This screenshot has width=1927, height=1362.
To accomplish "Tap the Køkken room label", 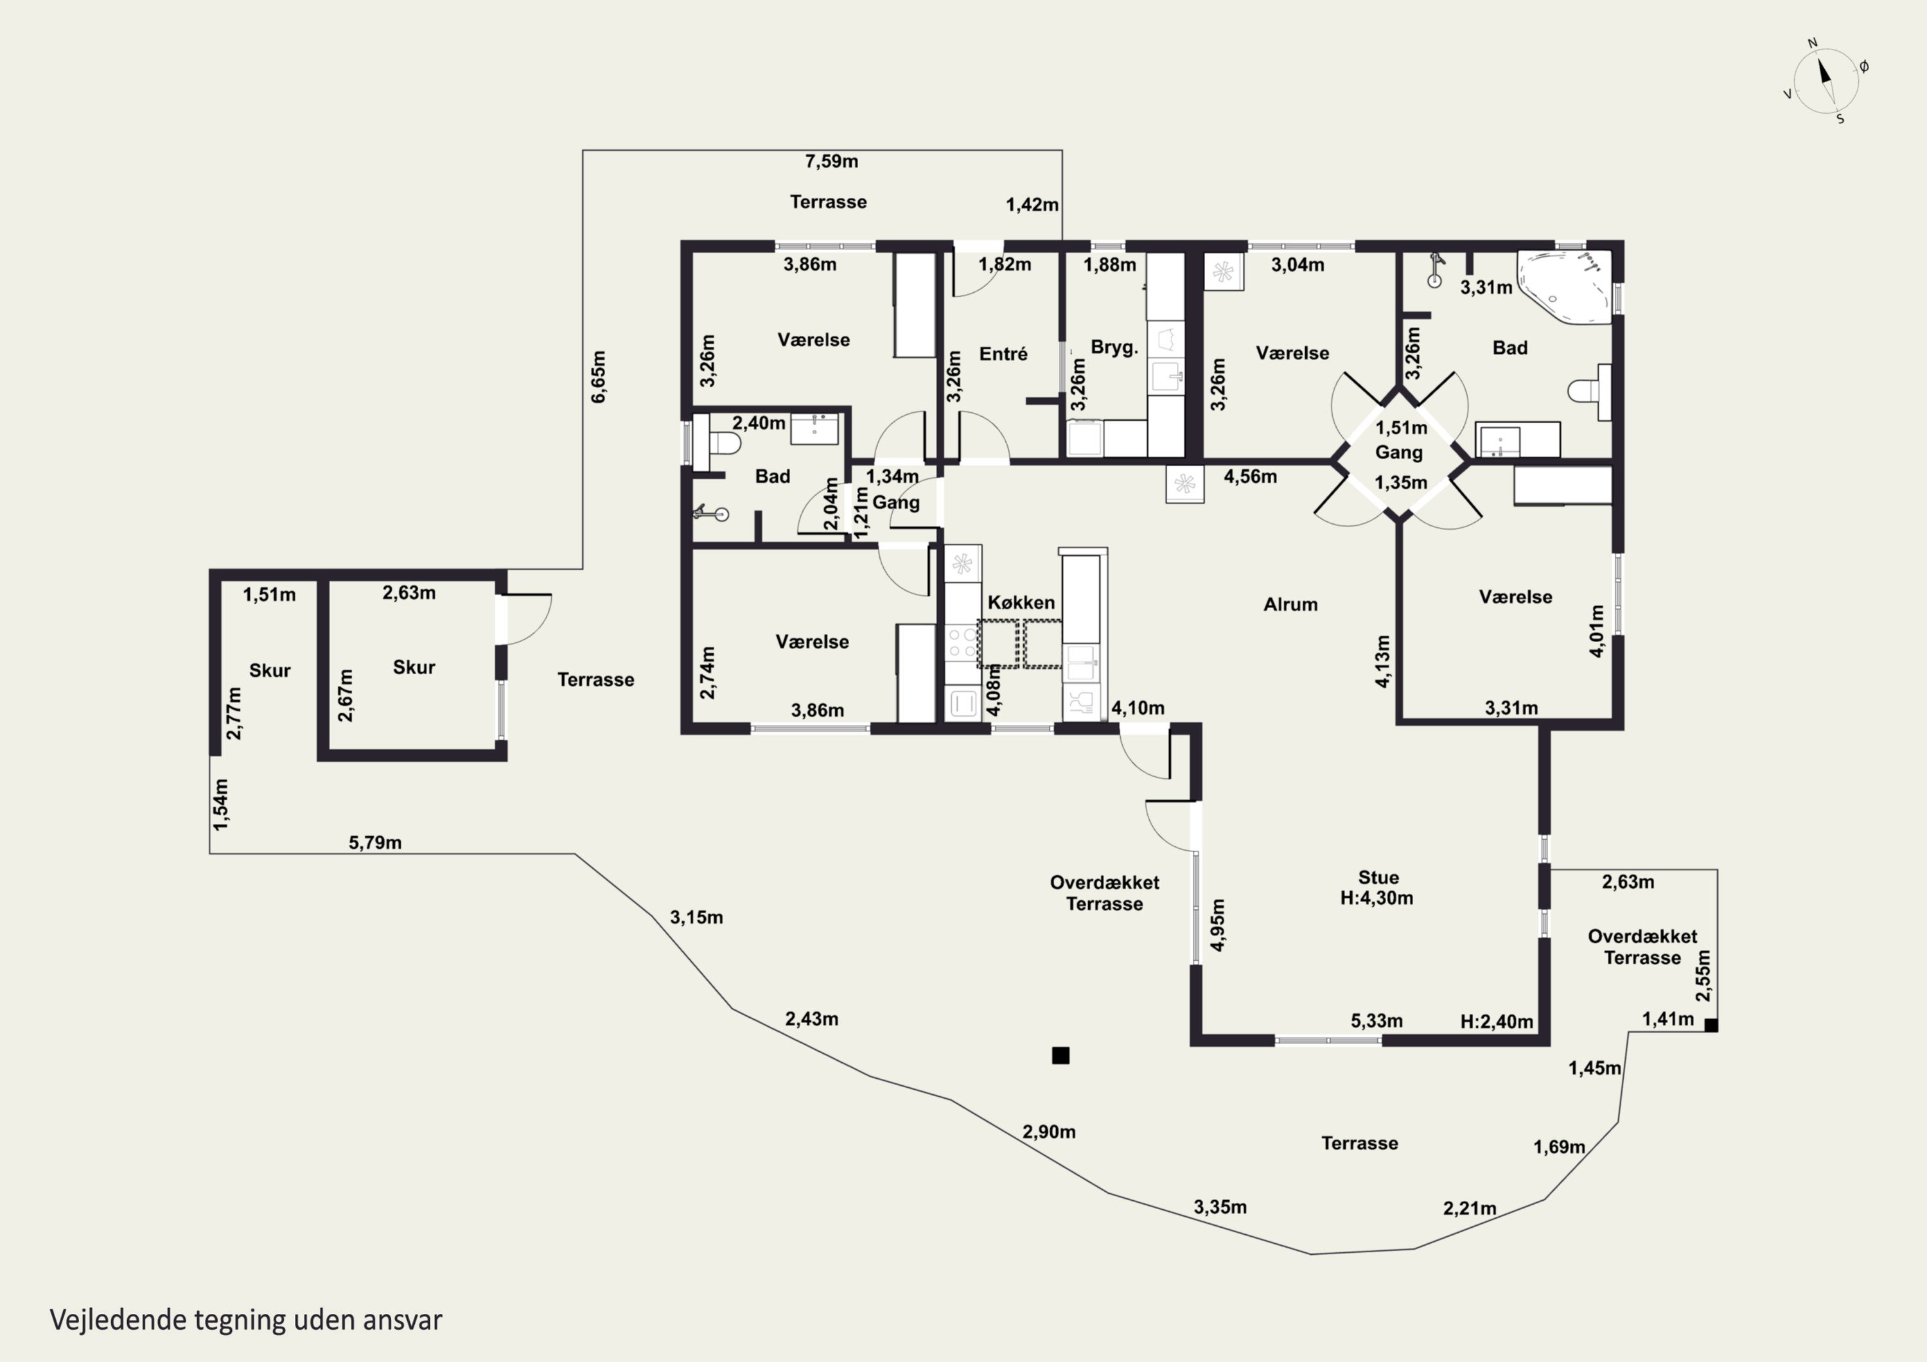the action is tap(1021, 602).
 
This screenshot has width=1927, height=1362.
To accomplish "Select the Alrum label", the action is tap(1290, 604).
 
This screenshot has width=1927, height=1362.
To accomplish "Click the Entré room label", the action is tap(1003, 354).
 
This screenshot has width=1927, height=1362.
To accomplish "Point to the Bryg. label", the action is tap(1114, 347).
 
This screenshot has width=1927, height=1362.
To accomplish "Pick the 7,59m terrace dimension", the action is tap(832, 161).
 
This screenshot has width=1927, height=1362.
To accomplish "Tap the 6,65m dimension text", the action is tap(599, 377).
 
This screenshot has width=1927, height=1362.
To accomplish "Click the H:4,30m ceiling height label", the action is tap(1377, 898).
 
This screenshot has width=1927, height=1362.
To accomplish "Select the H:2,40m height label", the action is tap(1497, 1021).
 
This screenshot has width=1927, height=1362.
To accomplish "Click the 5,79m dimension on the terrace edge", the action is tap(375, 843).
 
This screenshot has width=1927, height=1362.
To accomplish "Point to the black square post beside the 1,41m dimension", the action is tap(1711, 1025).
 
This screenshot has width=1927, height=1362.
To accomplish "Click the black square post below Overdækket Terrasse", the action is tap(1061, 1056).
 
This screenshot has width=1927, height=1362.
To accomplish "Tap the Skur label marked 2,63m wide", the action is tap(414, 667).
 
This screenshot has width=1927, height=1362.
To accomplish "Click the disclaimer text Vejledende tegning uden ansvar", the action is tap(246, 1319).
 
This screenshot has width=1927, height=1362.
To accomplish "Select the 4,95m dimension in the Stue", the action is tap(1218, 925).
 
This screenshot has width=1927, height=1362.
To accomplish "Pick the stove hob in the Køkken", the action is tap(963, 642).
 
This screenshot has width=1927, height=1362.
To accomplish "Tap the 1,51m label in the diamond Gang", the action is tap(1401, 428).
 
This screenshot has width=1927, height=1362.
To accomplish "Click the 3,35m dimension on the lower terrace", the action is tap(1220, 1207).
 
